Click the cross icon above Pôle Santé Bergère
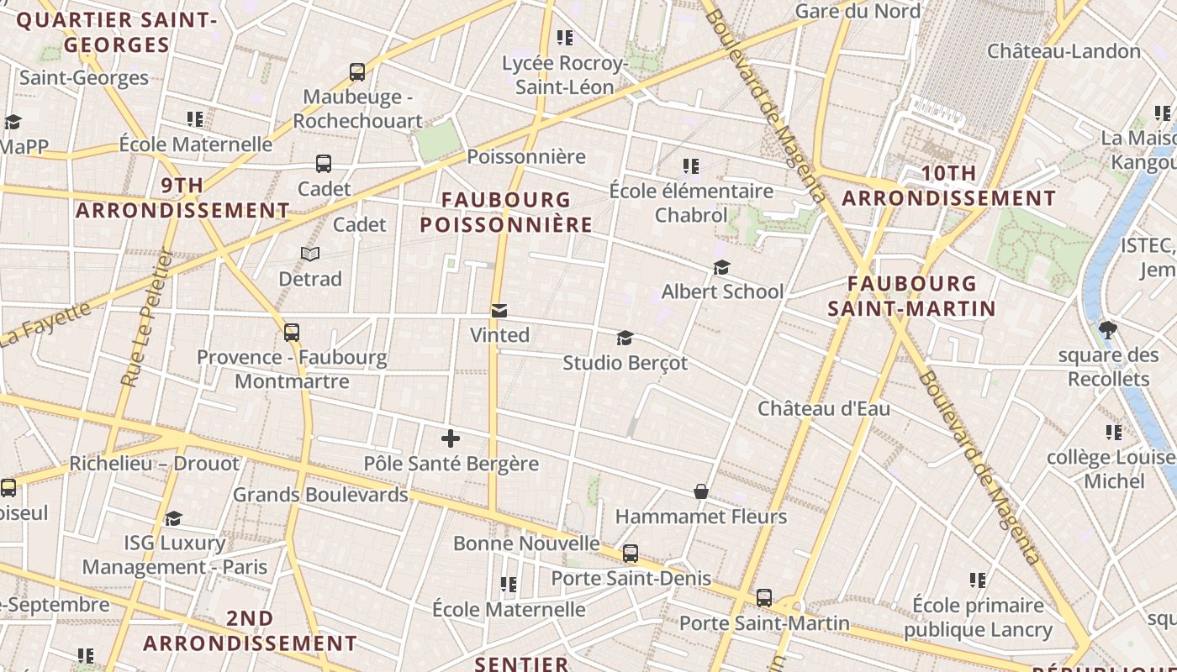tap(451, 438)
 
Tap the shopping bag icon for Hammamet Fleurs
tap(700, 491)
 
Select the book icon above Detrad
tap(310, 254)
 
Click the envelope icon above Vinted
tap(499, 311)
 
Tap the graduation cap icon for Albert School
tap(721, 268)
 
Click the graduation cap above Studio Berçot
tap(625, 339)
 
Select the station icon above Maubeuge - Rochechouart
tap(357, 72)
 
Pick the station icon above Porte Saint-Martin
tap(763, 598)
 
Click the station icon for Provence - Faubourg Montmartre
tap(292, 333)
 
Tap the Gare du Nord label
tap(858, 11)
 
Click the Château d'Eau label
tap(824, 409)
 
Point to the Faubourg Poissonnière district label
tap(506, 213)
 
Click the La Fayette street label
tap(46, 324)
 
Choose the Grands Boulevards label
tap(320, 495)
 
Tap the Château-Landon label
tap(1064, 51)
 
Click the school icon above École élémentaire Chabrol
tap(691, 166)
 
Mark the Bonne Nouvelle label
tap(526, 543)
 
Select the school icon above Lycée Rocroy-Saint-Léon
tap(565, 38)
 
